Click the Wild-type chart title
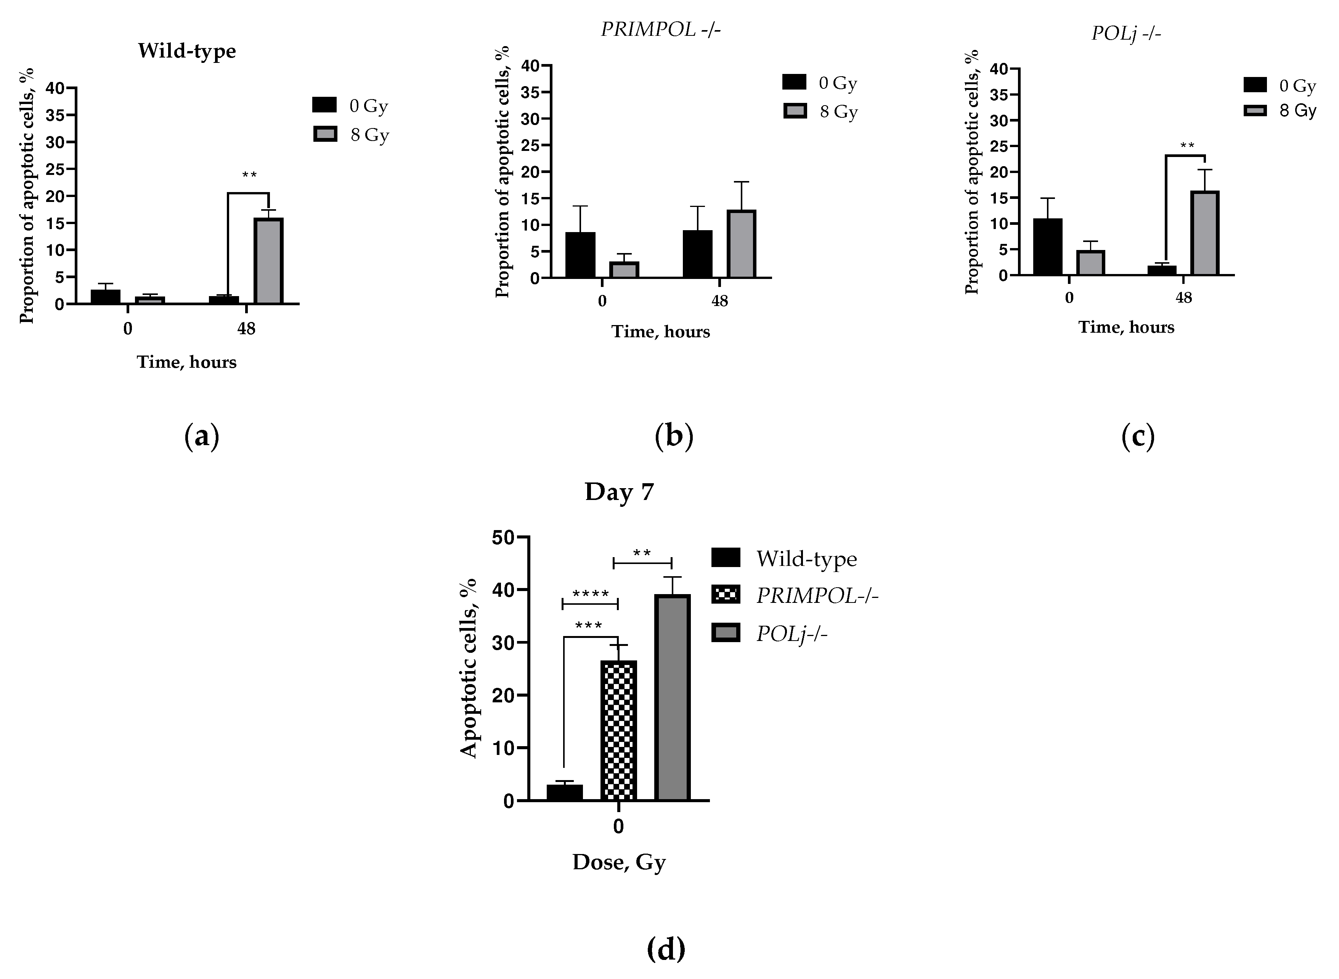(187, 51)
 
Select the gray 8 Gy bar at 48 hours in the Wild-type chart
(268, 261)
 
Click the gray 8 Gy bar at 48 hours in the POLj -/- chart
(1204, 234)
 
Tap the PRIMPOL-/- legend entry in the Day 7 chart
(794, 596)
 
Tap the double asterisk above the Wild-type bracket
(249, 175)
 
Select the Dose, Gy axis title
(619, 862)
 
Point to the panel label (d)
(666, 949)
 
